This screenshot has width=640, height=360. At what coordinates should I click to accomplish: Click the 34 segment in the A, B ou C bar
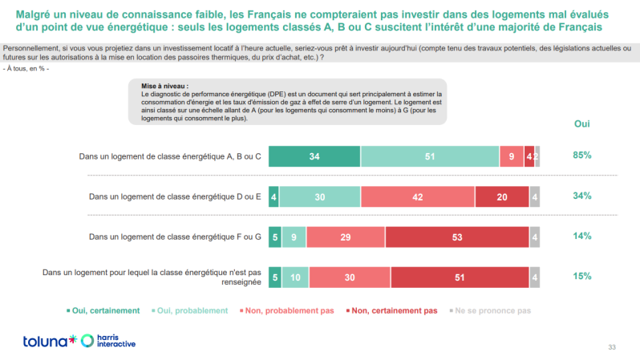(x=314, y=156)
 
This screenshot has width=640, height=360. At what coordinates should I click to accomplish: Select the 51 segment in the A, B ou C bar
(x=430, y=156)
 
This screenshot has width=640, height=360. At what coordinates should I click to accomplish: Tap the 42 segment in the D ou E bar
(x=417, y=196)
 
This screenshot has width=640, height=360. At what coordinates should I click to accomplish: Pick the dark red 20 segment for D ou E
(x=502, y=196)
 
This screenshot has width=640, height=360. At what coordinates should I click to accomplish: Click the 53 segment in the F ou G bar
(x=457, y=237)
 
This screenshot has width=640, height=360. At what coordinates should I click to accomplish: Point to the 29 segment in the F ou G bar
(x=346, y=237)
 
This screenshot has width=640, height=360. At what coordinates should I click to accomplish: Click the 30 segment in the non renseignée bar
(x=349, y=277)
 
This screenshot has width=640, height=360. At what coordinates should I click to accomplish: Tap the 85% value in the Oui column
(x=582, y=156)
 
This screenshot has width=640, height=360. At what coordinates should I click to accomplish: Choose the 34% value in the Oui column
(x=582, y=196)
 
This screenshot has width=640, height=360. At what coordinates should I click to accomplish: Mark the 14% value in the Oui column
(x=582, y=236)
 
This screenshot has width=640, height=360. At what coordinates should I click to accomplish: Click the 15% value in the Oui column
(x=582, y=276)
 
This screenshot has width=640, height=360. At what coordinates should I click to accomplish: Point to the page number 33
(x=612, y=346)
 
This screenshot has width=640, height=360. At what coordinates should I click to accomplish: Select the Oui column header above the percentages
(x=582, y=124)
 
